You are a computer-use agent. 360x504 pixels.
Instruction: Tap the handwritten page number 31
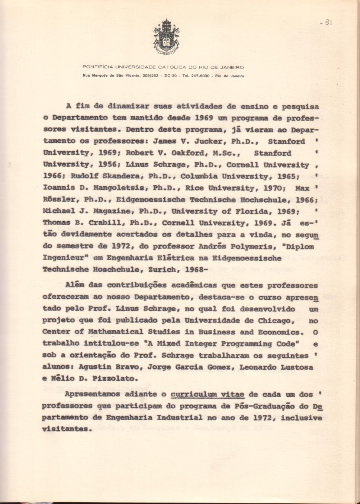(x=328, y=22)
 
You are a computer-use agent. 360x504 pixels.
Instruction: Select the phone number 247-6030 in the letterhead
(x=200, y=76)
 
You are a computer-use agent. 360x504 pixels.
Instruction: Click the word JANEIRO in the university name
(x=232, y=67)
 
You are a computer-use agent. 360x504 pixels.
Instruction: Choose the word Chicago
(x=274, y=320)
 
